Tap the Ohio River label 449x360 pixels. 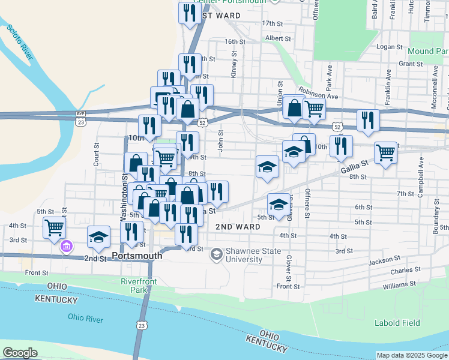[84, 317]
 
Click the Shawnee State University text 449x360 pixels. [244, 256]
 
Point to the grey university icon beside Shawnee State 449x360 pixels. [215, 255]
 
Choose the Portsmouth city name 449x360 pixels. [141, 256]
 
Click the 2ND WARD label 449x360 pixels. [238, 227]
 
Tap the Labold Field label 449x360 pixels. [397, 323]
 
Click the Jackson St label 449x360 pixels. [384, 260]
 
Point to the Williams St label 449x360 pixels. [400, 284]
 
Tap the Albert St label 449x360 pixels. [278, 38]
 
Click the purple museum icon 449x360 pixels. [67, 246]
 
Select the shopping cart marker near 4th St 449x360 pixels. [54, 227]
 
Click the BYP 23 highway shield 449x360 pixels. [80, 118]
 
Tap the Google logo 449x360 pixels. [20, 353]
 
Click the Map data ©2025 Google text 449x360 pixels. [411, 355]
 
